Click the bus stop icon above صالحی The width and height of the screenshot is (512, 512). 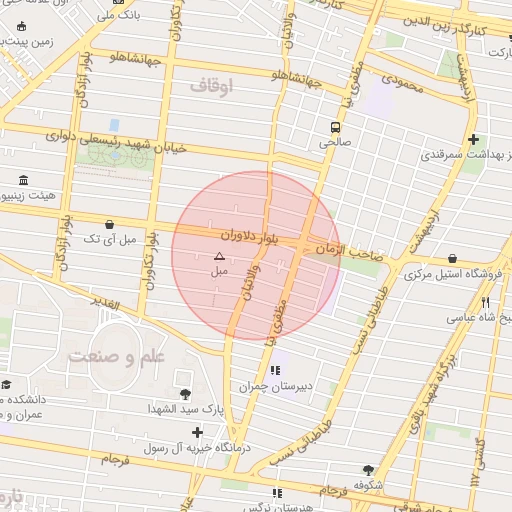pos(335,127)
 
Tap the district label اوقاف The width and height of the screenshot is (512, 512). pos(210,88)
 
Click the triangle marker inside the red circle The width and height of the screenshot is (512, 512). pos(220,257)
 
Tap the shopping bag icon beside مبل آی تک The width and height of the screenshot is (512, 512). pos(108,224)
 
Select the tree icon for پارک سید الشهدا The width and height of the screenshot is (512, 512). pos(184,394)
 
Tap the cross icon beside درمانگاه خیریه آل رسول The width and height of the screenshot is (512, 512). pos(197,433)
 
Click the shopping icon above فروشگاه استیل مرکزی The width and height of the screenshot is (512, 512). pos(453,258)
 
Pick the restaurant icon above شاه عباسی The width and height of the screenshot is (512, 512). pos(485,302)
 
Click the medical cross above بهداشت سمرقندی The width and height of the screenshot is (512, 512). pos(473,139)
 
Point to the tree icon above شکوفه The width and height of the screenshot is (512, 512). pos(369,469)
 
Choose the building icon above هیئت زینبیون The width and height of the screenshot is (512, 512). pos(22,180)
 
